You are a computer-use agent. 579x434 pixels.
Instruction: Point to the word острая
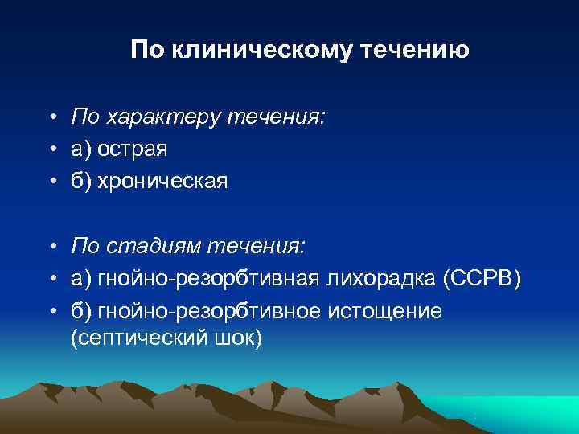click(133, 149)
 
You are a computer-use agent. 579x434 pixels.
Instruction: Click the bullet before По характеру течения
click(50, 119)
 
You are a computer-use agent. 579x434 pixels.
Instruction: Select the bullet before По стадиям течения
click(50, 245)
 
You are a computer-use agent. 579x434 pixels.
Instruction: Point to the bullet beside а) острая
click(50, 150)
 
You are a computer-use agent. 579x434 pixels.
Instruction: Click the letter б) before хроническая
click(81, 181)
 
